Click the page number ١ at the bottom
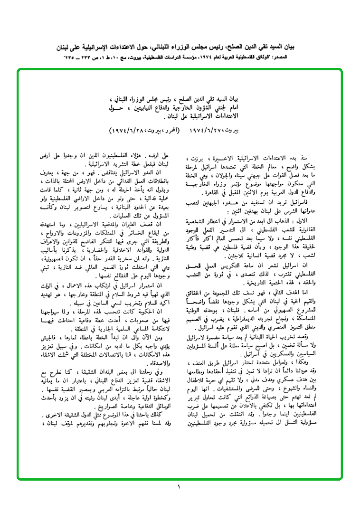click(180, 487)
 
